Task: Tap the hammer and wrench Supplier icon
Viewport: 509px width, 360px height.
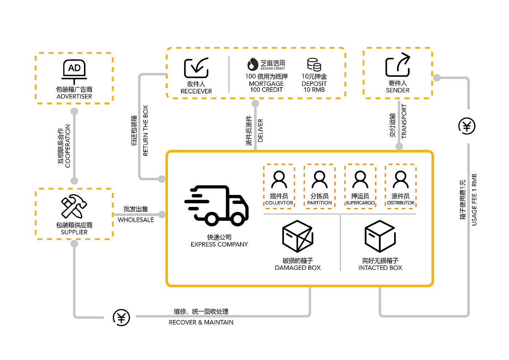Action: (74, 206)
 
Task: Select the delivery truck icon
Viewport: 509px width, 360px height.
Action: (217, 205)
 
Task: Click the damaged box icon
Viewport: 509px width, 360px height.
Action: (298, 236)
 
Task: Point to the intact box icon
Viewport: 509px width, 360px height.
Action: (380, 236)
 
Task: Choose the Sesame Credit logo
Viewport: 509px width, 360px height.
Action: (266, 64)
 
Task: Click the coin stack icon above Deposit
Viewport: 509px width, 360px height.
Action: (314, 65)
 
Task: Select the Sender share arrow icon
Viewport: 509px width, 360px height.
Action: (397, 65)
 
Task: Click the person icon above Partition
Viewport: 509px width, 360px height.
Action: (320, 180)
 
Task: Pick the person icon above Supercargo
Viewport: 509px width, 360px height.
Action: (360, 180)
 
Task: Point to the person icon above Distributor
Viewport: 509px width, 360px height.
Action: (401, 180)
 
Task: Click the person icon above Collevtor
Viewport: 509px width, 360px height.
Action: (279, 180)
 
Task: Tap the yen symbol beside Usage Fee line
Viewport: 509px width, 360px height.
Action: (467, 126)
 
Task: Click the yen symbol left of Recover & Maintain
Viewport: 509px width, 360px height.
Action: (121, 317)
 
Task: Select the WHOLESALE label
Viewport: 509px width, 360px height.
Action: (136, 220)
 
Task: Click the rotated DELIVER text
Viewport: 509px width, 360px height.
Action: (260, 131)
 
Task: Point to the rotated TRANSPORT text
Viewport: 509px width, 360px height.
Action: (404, 121)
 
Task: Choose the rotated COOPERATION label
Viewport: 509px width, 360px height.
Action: (68, 146)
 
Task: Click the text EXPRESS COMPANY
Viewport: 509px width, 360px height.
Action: (219, 244)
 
